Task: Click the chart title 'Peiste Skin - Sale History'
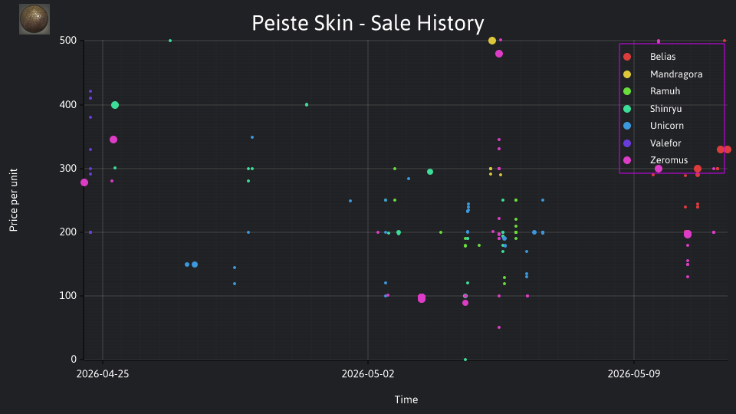coord(367,23)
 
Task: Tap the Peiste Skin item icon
coord(34,19)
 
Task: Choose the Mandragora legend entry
coord(662,74)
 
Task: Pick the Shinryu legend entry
coord(652,109)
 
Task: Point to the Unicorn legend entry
coord(653,126)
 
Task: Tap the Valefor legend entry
coord(652,143)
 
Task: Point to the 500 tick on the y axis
coord(68,41)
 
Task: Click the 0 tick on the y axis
coord(74,359)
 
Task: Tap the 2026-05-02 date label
coord(368,374)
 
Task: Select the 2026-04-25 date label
coord(103,374)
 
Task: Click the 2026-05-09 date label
coord(634,374)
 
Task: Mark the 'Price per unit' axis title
coord(14,200)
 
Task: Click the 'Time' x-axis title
coord(406,399)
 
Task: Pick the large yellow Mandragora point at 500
coord(492,41)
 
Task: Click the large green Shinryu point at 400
coord(115,105)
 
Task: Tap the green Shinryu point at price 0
coord(465,360)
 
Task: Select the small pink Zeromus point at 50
coord(499,327)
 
